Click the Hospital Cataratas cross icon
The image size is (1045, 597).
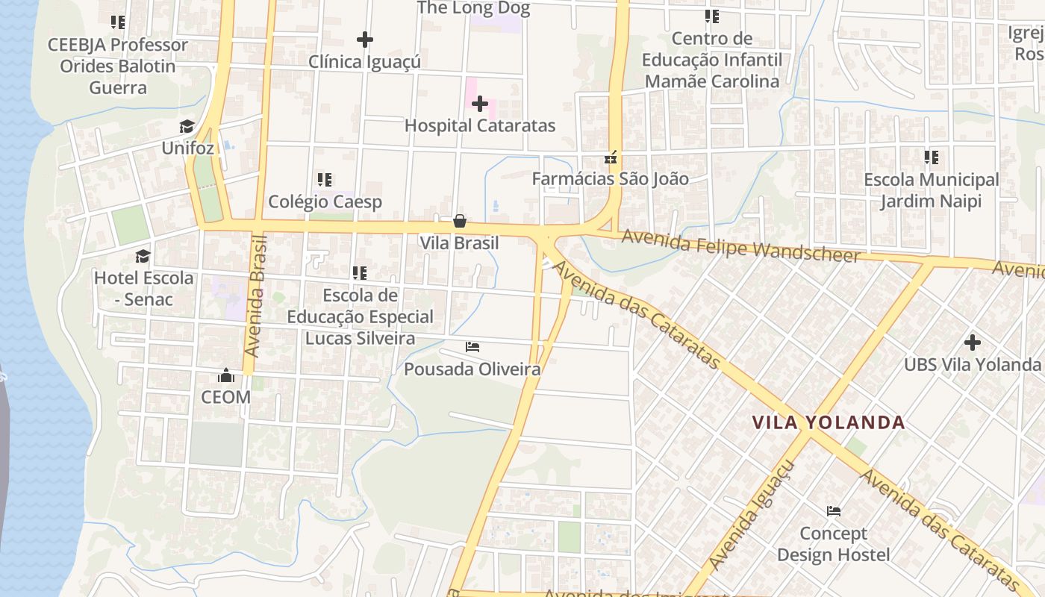tap(480, 104)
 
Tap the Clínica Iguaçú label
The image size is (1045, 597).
tap(364, 62)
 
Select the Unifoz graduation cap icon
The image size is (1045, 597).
tap(187, 127)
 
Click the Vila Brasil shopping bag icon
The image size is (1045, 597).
tap(460, 222)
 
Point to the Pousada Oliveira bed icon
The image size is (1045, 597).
tap(472, 347)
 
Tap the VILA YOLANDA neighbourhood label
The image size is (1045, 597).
tap(829, 423)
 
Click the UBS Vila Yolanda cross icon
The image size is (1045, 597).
tap(972, 343)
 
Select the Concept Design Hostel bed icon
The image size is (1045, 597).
tap(834, 511)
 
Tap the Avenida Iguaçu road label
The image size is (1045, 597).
tap(751, 515)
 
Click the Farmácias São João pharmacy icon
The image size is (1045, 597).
tap(611, 157)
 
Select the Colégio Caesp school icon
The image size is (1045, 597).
tap(325, 180)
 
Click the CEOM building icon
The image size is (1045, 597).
tap(225, 375)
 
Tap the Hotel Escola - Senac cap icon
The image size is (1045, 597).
tap(143, 257)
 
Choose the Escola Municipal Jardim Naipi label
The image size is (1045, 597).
tap(931, 190)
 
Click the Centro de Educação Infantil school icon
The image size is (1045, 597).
tap(712, 16)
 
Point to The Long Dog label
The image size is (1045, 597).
tap(473, 9)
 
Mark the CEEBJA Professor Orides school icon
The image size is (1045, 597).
tap(118, 22)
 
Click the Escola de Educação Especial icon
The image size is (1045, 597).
tap(360, 273)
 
